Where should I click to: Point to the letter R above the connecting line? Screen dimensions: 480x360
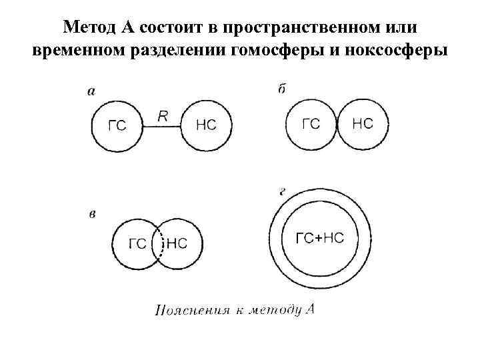[162, 116]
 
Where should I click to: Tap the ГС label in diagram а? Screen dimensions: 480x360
[117, 126]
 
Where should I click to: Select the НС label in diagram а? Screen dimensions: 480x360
[207, 125]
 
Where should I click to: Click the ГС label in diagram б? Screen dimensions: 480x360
[311, 124]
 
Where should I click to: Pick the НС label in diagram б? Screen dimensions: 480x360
[362, 124]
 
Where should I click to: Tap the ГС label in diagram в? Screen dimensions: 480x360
[137, 244]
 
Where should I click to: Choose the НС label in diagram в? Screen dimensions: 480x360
[176, 244]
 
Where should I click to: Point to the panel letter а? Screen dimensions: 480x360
[91, 92]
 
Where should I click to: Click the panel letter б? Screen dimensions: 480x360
[282, 89]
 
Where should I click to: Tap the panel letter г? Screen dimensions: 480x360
[283, 191]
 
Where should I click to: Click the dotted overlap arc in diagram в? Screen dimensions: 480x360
[157, 244]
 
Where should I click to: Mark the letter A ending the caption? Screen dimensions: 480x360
[309, 309]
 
